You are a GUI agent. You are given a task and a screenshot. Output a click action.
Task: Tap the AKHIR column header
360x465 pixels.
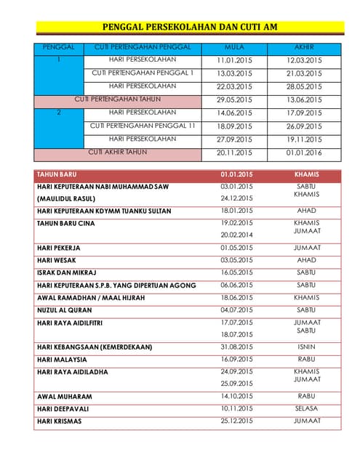coord(303,47)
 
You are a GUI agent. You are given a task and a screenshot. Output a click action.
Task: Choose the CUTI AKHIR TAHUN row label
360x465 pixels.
coord(117,152)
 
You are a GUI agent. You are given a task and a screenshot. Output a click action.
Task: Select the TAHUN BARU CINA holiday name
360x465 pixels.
coord(65,223)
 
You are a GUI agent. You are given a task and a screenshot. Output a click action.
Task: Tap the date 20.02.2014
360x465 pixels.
coord(236,235)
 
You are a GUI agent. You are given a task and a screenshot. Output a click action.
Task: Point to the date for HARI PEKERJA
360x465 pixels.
coord(236,248)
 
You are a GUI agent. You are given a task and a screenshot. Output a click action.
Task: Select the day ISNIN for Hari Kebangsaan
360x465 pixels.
coord(306,347)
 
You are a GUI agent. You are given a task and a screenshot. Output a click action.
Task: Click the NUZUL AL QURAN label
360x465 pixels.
coord(66,310)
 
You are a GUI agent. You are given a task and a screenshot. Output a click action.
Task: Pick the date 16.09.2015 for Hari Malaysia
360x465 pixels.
coord(236,359)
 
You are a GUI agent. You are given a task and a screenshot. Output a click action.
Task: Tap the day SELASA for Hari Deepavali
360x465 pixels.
coord(306,409)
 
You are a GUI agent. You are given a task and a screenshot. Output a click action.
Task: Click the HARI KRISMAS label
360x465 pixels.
coord(59,421)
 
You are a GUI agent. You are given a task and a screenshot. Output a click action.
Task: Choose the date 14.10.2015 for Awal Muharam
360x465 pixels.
coord(236,397)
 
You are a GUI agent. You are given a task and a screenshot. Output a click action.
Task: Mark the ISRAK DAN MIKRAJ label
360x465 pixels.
coord(71,272)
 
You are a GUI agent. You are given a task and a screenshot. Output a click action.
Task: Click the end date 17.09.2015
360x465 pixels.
coord(303,113)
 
